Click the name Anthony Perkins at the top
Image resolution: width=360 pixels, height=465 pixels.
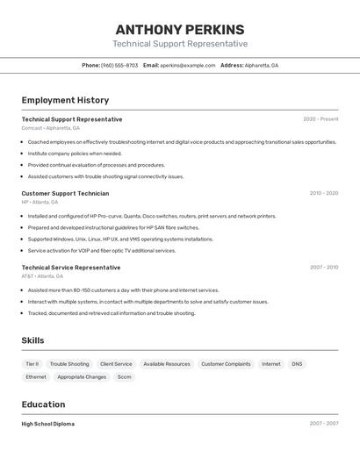179,29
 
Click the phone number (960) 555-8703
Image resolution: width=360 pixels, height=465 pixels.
119,65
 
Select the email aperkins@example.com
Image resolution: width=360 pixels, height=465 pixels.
187,65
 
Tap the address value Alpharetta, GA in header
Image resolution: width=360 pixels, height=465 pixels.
262,65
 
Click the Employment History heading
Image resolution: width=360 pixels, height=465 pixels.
65,100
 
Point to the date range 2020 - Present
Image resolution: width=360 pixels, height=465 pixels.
320,119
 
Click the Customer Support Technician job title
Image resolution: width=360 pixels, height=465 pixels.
65,193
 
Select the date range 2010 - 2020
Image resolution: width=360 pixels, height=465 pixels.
323,193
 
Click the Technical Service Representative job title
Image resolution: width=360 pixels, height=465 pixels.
71,268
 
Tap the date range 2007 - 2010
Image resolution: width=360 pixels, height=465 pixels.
323,268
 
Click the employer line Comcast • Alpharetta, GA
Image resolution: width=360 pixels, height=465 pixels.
50,128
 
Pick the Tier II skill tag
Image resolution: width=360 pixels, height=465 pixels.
32,364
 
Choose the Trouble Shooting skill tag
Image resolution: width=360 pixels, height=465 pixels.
69,364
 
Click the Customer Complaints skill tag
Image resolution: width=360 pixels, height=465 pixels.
226,364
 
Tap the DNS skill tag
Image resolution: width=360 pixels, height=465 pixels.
297,364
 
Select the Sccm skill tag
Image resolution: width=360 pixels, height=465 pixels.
124,377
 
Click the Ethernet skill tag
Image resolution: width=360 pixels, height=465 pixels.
36,377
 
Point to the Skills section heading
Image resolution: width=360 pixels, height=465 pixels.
32,340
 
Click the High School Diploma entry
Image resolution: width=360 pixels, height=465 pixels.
47,424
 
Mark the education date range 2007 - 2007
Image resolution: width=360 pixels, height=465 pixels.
323,424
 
